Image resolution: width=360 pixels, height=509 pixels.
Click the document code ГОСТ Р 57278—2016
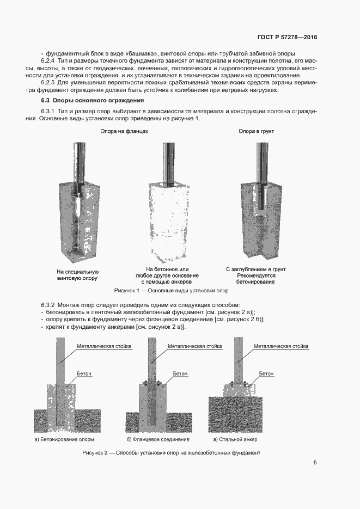coord(286,38)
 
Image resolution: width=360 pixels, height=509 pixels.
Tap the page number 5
coord(315,463)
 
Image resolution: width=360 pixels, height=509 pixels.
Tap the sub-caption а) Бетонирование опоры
coord(64,439)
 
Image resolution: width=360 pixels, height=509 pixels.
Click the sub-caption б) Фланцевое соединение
coord(158,439)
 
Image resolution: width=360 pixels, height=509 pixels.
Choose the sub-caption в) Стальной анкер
coord(235,439)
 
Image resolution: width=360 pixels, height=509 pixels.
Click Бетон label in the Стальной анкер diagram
coord(266,374)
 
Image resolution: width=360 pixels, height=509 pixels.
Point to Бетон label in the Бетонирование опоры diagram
coord(84,374)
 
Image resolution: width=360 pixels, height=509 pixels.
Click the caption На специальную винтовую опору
coord(77,274)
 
